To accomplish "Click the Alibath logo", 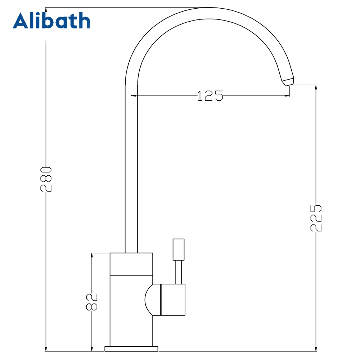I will [x=51, y=21].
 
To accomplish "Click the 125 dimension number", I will [x=210, y=96].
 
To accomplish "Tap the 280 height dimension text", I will [x=46, y=179].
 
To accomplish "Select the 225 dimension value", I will [x=316, y=218].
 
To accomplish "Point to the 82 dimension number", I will [x=92, y=301].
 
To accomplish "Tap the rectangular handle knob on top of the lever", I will [x=179, y=249].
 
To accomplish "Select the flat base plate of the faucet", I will [x=131, y=349].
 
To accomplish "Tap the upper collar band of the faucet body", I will [x=131, y=264].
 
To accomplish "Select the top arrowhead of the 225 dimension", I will [x=316, y=87].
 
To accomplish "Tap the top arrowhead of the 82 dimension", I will [x=92, y=255].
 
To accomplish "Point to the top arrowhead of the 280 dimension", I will [x=46, y=10].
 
